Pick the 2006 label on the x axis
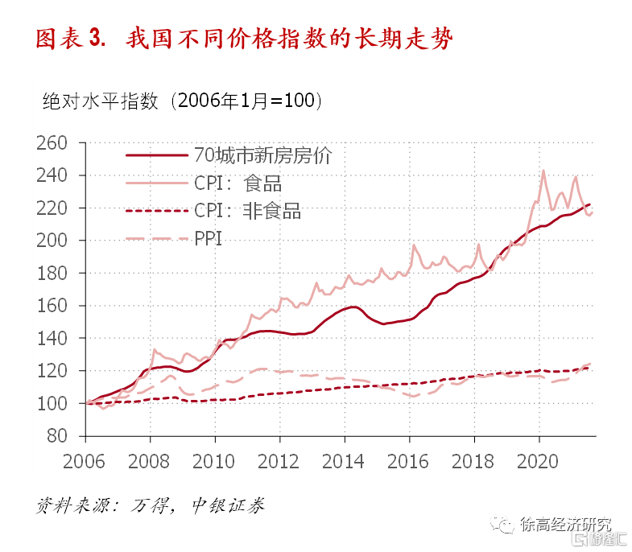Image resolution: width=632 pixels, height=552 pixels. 85,462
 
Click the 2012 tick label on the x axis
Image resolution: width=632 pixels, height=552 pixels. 279,462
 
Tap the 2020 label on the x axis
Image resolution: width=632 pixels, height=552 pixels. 539,462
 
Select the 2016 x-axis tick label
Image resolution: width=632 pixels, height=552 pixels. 409,462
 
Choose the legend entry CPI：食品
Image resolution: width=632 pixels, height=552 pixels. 238,183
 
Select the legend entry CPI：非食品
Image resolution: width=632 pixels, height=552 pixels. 247,211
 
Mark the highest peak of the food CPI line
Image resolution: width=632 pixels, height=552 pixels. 543,171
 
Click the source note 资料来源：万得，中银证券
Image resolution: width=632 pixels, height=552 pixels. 150,505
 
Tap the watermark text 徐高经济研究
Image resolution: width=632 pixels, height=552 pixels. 566,524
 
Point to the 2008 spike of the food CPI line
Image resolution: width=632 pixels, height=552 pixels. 154,349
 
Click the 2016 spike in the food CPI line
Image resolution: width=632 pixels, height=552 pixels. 414,245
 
